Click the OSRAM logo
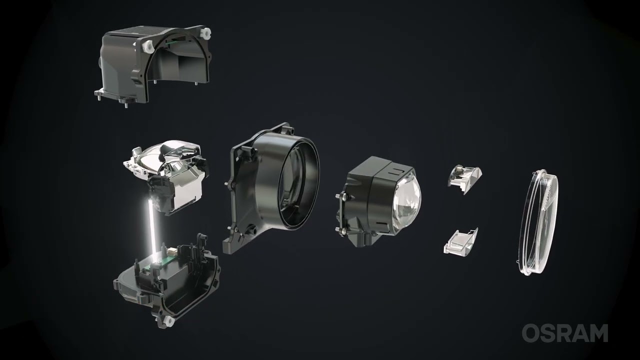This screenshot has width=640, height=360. click(x=565, y=333)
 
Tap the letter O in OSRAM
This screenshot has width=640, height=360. click(x=530, y=333)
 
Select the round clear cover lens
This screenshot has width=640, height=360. click(x=537, y=222)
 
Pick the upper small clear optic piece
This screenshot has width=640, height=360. click(x=465, y=179)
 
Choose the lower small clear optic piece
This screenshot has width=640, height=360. click(x=460, y=241)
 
